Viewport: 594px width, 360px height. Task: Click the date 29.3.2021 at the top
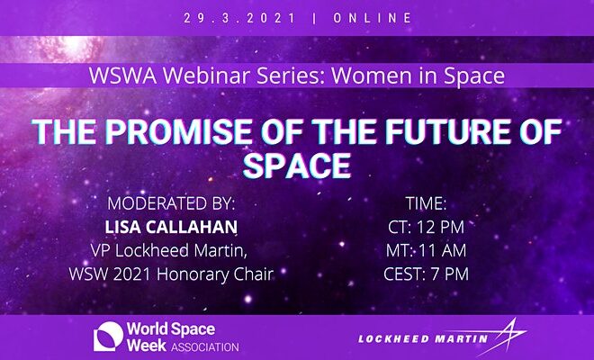tap(239, 18)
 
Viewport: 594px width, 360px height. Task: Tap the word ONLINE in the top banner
tap(373, 18)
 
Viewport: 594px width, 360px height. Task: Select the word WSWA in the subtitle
tap(122, 76)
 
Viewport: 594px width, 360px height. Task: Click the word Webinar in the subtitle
tap(206, 76)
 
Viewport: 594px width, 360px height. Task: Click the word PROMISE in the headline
tap(178, 131)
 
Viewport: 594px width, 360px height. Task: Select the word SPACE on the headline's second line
tap(297, 166)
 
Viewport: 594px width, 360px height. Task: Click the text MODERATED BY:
tap(171, 203)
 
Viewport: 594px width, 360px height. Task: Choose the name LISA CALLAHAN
tap(171, 227)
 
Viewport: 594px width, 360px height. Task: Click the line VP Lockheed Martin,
tap(169, 250)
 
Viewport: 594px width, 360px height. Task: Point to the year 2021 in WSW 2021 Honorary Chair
tap(132, 274)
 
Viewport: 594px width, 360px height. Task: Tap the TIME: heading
tap(427, 203)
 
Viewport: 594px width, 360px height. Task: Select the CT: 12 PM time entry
tap(427, 227)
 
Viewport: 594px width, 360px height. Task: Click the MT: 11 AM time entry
tap(427, 250)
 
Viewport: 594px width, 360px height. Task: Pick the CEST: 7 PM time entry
tap(427, 274)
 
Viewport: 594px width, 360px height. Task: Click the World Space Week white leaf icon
tap(108, 337)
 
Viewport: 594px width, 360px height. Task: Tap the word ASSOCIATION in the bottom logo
tap(205, 347)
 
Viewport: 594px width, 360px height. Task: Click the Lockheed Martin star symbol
tap(506, 336)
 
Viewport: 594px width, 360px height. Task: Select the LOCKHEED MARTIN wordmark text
tap(423, 338)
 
